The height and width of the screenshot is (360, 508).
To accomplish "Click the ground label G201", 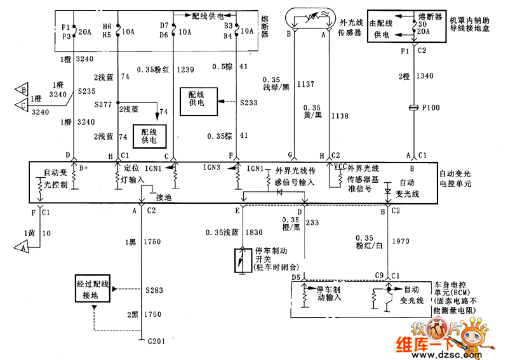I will click(156, 341).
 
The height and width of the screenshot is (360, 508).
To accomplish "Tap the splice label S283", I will click(154, 290).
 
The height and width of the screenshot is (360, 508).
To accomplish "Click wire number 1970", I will click(401, 241).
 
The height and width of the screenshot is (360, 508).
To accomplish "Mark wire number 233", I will click(312, 223).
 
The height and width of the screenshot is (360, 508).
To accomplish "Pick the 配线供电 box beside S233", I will click(199, 102).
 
